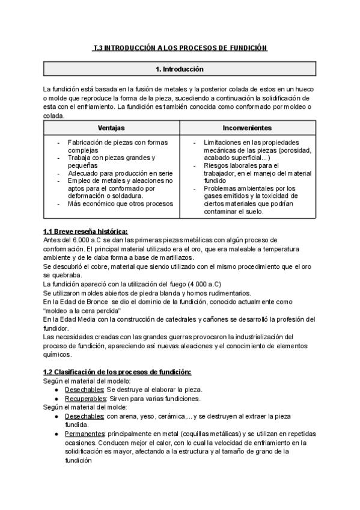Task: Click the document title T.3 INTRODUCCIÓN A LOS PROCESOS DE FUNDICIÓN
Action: (180, 48)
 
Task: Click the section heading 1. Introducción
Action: (179, 69)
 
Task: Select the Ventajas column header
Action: (111, 128)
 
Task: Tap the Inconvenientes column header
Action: (247, 128)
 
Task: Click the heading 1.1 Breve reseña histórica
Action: (85, 232)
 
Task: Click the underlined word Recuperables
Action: (79, 399)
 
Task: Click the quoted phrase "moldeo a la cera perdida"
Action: (82, 310)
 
